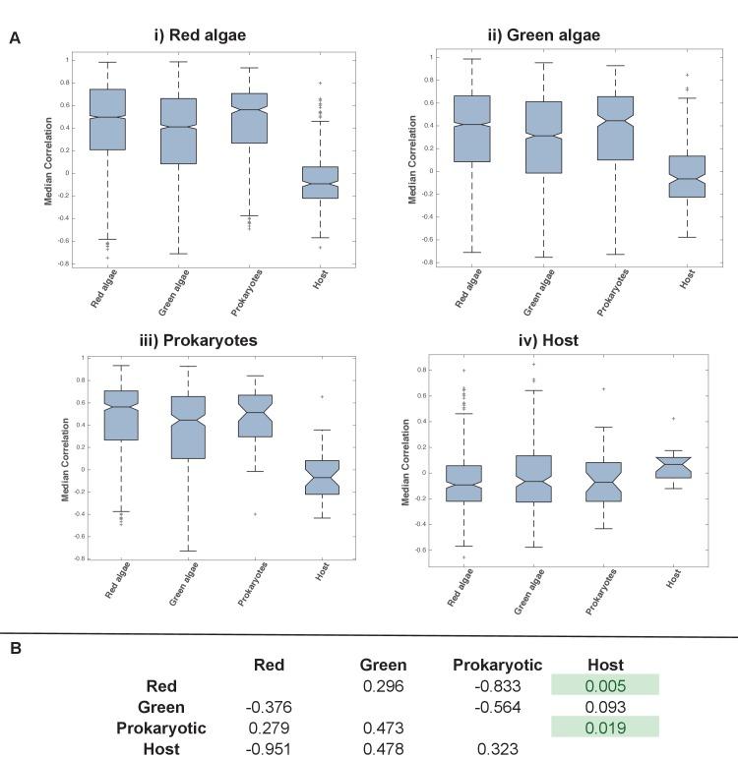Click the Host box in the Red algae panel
(x=320, y=182)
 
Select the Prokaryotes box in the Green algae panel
(x=614, y=128)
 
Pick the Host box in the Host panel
(x=674, y=467)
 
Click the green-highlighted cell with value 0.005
(x=605, y=685)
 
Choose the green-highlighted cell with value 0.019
(x=605, y=728)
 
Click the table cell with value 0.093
(x=605, y=707)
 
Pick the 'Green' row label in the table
(x=161, y=707)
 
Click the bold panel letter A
(x=15, y=38)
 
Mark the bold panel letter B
(x=15, y=649)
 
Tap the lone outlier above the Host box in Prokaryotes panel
(x=320, y=396)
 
